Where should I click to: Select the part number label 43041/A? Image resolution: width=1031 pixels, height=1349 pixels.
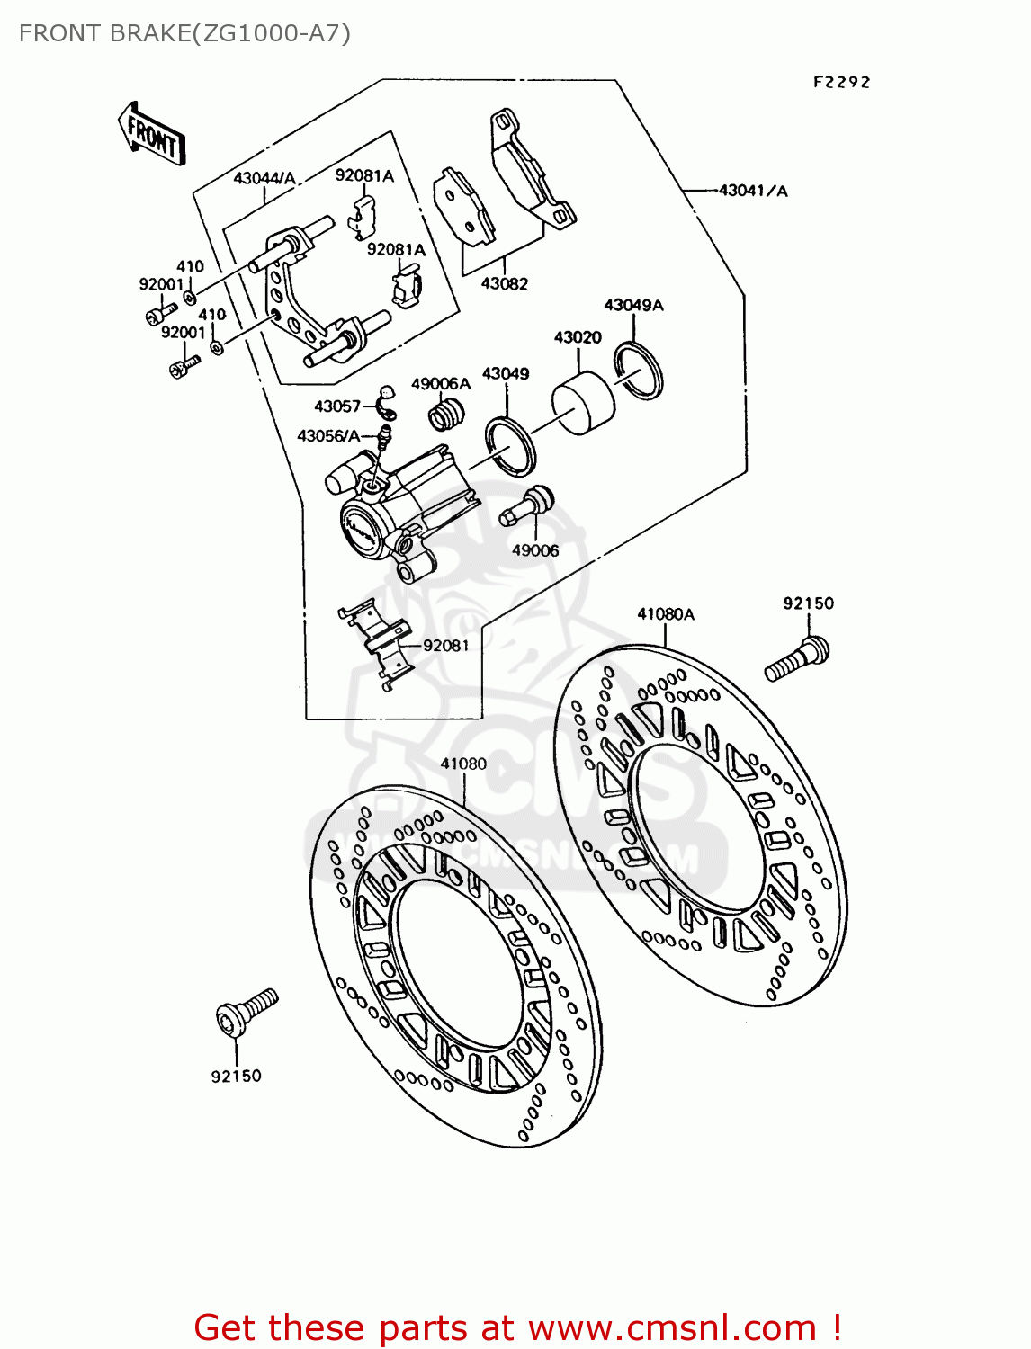pyautogui.click(x=753, y=191)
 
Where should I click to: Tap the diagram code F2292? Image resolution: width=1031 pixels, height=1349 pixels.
pyautogui.click(x=841, y=82)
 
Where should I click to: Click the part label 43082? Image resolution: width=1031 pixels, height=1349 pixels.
pyautogui.click(x=504, y=283)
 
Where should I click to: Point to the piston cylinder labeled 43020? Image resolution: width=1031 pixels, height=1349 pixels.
pyautogui.click(x=583, y=404)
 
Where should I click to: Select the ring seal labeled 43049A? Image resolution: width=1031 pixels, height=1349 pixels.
pyautogui.click(x=639, y=369)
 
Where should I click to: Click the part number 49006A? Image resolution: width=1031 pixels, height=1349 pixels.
pyautogui.click(x=441, y=384)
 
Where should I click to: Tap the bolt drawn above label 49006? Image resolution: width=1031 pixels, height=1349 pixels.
pyautogui.click(x=529, y=505)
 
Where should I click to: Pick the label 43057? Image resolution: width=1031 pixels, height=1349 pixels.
pyautogui.click(x=337, y=406)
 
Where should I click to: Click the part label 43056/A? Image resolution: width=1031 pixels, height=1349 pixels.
pyautogui.click(x=328, y=436)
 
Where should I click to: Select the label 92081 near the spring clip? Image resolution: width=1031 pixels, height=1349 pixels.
pyautogui.click(x=446, y=646)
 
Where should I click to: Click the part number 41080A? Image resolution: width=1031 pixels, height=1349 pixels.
pyautogui.click(x=666, y=614)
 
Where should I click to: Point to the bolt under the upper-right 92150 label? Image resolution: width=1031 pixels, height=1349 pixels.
pyautogui.click(x=797, y=658)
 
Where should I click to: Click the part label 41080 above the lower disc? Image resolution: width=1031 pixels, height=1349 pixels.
pyautogui.click(x=463, y=764)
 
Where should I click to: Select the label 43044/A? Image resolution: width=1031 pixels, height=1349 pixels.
pyautogui.click(x=264, y=178)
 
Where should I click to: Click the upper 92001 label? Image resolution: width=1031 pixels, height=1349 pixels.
pyautogui.click(x=161, y=284)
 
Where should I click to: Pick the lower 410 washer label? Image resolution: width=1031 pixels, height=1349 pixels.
pyautogui.click(x=212, y=315)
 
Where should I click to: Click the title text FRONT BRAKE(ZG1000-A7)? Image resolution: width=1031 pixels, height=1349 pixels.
pyautogui.click(x=184, y=33)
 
